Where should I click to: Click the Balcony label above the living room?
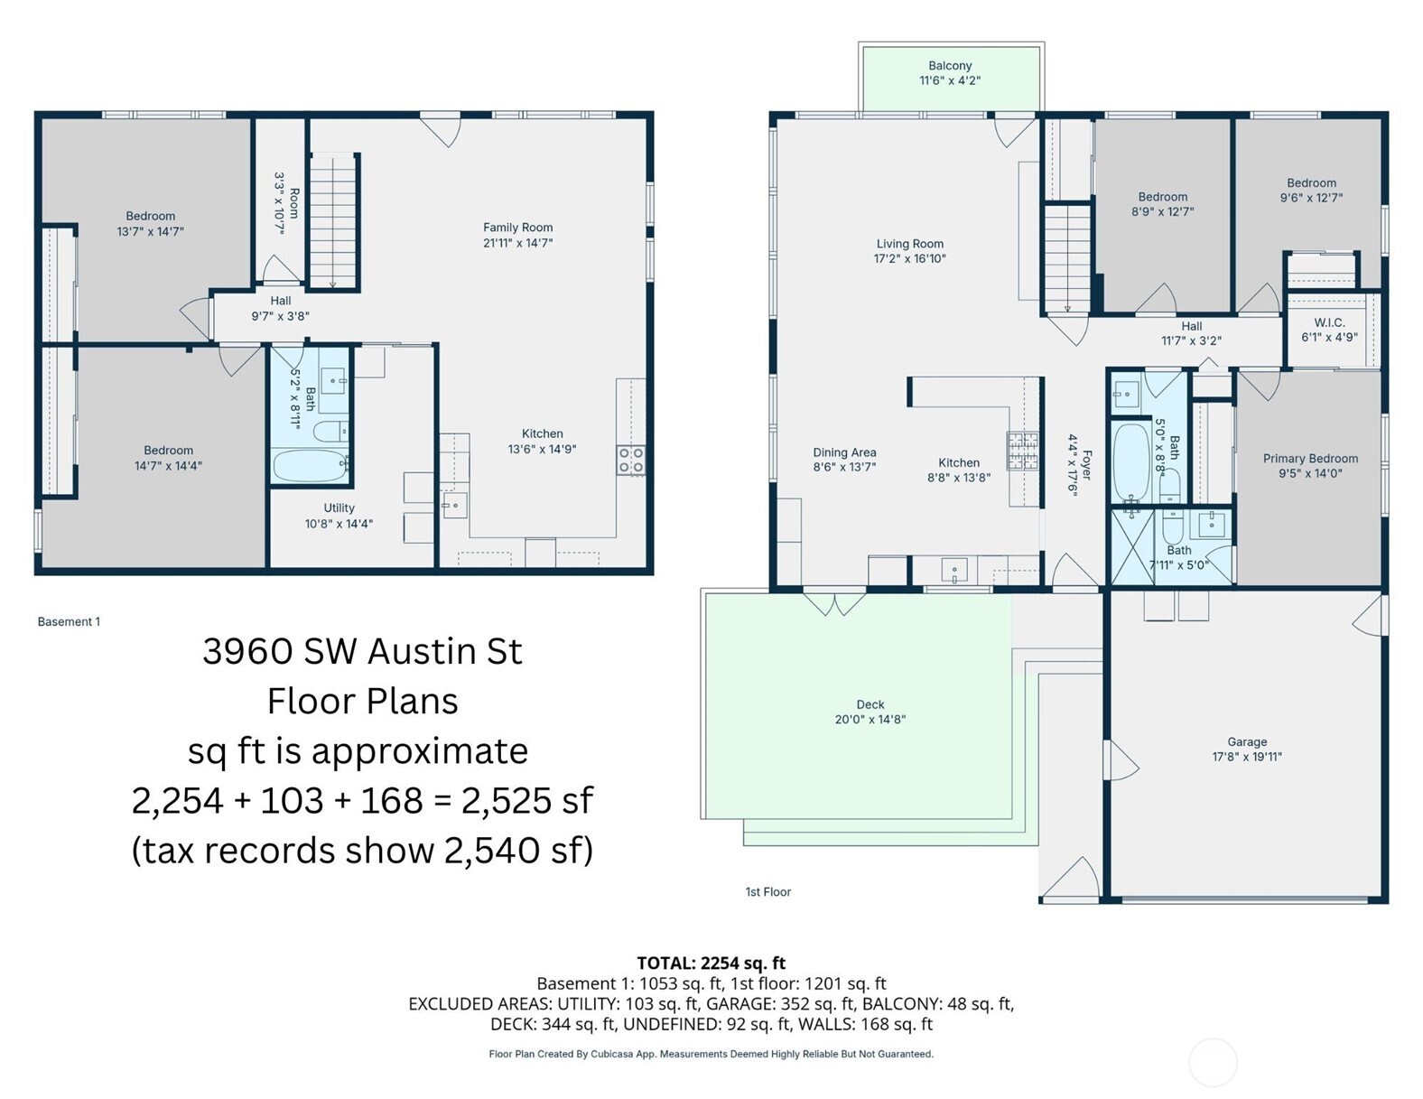[x=950, y=66]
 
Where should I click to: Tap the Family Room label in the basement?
[x=517, y=228]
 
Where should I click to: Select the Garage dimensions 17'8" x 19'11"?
[x=1247, y=757]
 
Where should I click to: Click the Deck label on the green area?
[x=870, y=704]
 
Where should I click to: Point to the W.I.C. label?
[x=1329, y=322]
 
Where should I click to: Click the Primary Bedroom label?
[x=1310, y=459]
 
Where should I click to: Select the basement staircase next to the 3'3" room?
[x=333, y=221]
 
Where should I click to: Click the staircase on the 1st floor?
[x=1067, y=258]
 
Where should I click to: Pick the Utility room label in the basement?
[x=339, y=508]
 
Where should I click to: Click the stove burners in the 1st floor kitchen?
[x=1023, y=450]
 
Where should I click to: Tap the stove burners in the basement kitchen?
[x=630, y=460]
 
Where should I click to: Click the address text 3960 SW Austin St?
[x=362, y=651]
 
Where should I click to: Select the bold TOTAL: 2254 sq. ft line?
[x=711, y=963]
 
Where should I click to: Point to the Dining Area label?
[x=844, y=452]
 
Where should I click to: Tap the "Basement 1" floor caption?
[x=69, y=621]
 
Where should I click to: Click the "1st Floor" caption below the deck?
[x=767, y=891]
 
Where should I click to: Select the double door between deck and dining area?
[x=835, y=601]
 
